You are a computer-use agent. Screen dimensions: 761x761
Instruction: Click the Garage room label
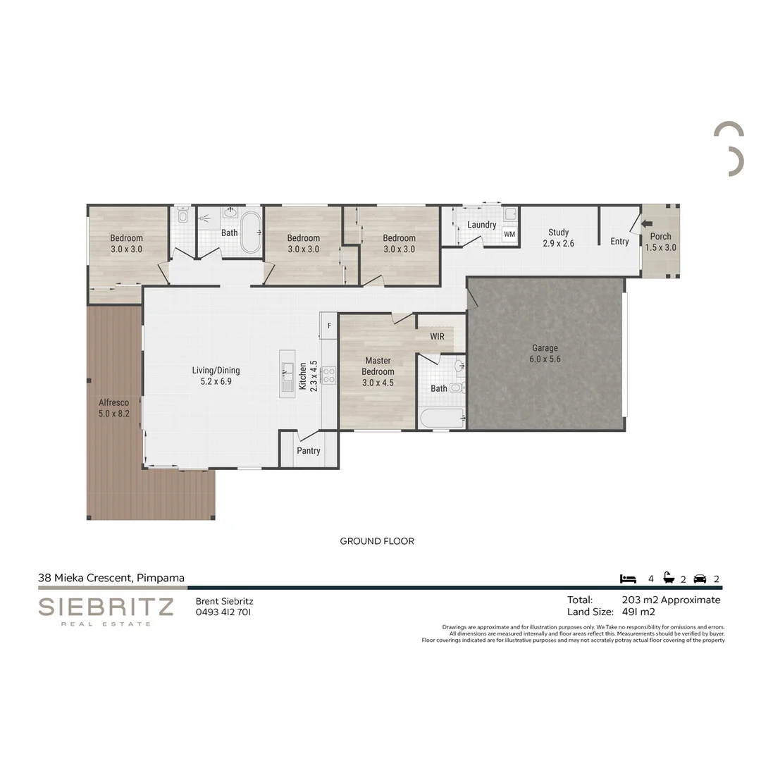pos(545,353)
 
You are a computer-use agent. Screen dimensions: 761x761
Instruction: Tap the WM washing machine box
pos(509,234)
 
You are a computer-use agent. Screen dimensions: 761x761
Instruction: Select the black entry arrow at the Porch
pos(647,225)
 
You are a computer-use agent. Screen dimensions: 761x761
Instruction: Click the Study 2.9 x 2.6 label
pos(558,237)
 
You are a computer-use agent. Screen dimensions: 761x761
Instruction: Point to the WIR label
pos(437,337)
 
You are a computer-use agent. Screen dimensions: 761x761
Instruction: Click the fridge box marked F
pos(329,326)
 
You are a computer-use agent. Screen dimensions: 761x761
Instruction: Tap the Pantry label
pos(309,451)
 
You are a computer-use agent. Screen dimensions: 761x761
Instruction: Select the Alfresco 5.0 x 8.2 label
pos(113,408)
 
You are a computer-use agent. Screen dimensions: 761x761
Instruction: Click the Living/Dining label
pos(216,376)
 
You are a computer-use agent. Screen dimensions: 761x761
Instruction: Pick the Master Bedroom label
pos(378,371)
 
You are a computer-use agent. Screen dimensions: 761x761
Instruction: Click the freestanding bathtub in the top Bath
pos(251,237)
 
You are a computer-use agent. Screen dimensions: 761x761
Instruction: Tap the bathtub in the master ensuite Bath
pos(442,419)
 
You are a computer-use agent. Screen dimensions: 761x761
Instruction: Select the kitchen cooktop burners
pos(328,375)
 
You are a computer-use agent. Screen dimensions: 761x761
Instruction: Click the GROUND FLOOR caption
pos(377,541)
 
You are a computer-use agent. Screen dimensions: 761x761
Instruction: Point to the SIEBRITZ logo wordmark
pos(106,607)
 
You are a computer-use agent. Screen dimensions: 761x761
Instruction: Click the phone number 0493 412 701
pos(223,612)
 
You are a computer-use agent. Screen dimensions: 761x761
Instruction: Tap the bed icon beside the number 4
pos(628,579)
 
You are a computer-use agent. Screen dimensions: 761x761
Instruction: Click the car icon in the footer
pos(700,579)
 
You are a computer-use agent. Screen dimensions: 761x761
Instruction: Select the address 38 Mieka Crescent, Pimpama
pos(111,578)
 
